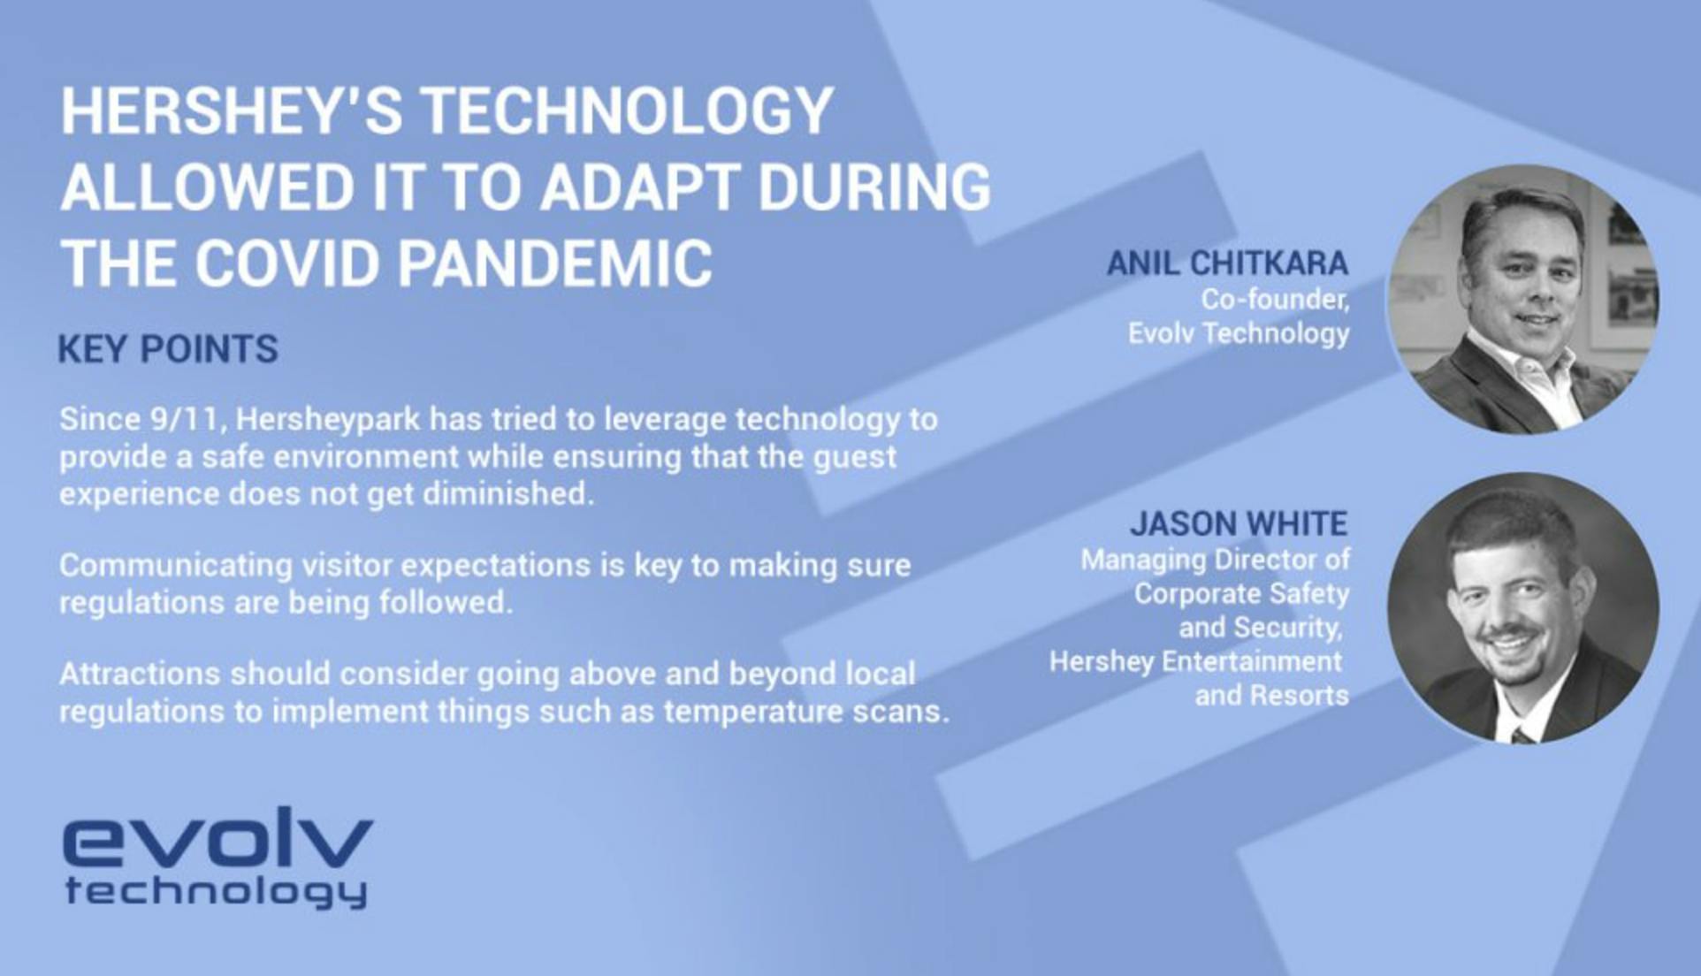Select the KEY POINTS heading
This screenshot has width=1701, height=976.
click(x=168, y=348)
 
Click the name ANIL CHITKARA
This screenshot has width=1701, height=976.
click(x=1228, y=263)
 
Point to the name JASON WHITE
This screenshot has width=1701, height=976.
click(x=1239, y=523)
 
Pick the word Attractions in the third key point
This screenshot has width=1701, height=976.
click(x=140, y=674)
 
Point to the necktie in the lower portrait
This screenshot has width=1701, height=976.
click(x=1522, y=735)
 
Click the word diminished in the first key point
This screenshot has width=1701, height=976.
click(x=507, y=493)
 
